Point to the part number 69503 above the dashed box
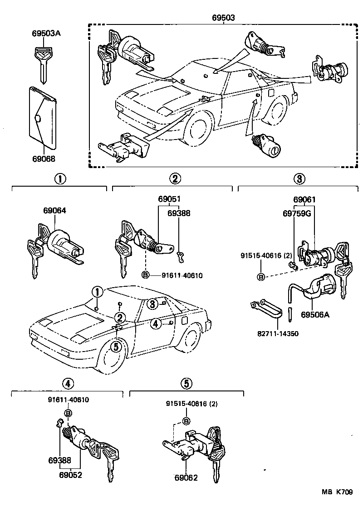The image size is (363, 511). coord(223,18)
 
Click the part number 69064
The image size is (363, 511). coord(54,211)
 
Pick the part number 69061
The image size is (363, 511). coord(304,200)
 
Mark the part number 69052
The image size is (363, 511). coord(70,475)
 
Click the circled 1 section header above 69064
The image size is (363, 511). coord(59,178)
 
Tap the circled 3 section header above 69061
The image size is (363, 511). coord(298,178)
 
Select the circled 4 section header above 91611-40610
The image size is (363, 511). coord(68,383)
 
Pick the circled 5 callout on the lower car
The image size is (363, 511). coord(116,347)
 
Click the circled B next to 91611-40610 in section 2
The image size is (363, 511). coord(145,275)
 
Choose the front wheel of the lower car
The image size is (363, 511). coord(110,358)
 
